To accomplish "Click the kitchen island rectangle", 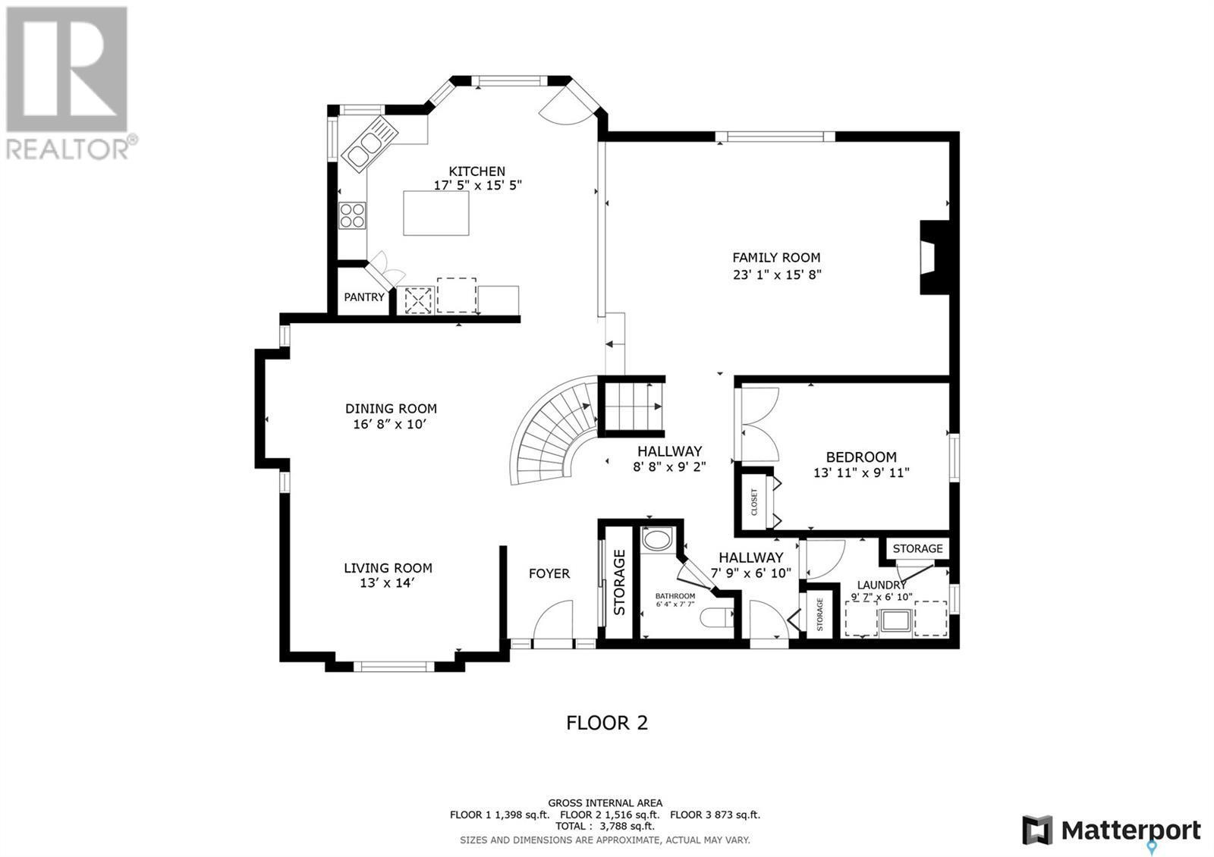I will (x=436, y=213).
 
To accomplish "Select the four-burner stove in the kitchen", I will (x=352, y=216).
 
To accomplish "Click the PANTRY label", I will (x=364, y=297).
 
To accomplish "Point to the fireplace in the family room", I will (x=934, y=257).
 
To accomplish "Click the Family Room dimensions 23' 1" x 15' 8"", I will (x=775, y=275).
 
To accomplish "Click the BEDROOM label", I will (x=861, y=457).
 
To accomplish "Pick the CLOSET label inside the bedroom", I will (x=754, y=503).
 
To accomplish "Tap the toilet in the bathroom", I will (x=714, y=618).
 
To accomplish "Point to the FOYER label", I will (x=549, y=573).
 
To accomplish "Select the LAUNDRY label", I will (x=882, y=585).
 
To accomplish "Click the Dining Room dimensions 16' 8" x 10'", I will (x=391, y=425).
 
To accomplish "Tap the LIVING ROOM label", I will (x=388, y=567).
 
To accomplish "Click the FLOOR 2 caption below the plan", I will (x=607, y=723).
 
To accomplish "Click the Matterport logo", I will (x=1112, y=830).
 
